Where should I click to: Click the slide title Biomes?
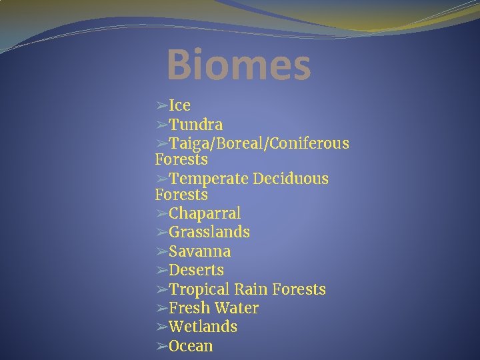coord(239,65)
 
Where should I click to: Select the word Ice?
coord(180,105)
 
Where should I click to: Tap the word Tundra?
coord(196,125)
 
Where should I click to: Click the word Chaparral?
coord(205,213)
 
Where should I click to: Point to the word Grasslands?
coord(209,232)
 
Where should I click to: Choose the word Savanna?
coord(200,251)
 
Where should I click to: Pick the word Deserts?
coord(196,270)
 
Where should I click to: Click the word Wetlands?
coord(203,327)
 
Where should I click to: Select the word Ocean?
coord(191,346)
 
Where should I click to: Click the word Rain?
coord(250,289)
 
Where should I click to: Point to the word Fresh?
coord(189,308)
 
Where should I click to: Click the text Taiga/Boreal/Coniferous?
coord(259,144)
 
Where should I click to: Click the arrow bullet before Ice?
coord(161,105)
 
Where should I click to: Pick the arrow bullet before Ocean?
coord(161,346)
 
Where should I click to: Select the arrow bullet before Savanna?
coord(161,251)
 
